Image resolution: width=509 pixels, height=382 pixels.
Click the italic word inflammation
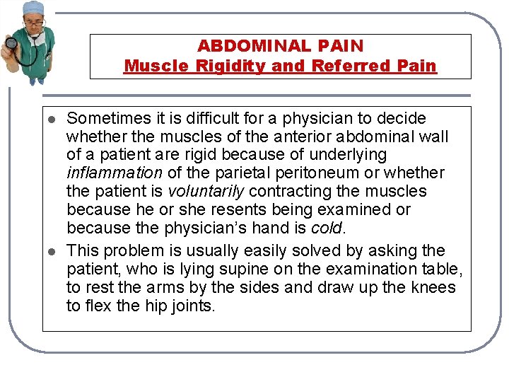pos(113,173)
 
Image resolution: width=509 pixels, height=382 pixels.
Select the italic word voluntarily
pos(206,191)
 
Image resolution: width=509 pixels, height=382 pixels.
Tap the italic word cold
pos(327,228)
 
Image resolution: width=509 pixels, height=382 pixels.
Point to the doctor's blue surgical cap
pos(33,8)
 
